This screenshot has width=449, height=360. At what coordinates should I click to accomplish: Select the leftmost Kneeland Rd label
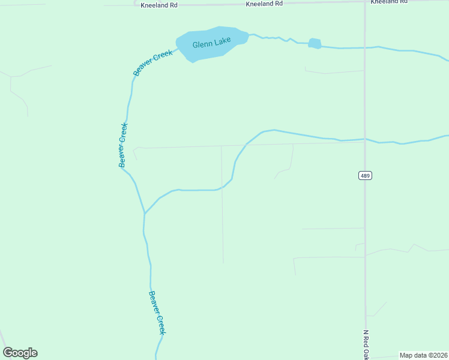[159, 5]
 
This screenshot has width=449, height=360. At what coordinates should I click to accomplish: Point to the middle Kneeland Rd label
[264, 4]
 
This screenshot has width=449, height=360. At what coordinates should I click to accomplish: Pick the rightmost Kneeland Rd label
[388, 2]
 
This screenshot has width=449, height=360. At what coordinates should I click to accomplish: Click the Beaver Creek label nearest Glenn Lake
[153, 62]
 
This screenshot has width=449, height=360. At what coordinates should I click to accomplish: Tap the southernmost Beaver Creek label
[157, 313]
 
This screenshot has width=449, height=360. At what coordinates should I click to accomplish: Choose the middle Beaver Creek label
[122, 145]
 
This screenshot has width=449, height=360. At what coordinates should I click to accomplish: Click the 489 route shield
[365, 175]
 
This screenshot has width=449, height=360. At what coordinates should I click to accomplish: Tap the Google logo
[20, 353]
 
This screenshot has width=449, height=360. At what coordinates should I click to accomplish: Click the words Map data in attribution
[414, 355]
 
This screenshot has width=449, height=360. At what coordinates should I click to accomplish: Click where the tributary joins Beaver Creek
[144, 213]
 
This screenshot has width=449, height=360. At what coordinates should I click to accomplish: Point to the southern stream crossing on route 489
[365, 140]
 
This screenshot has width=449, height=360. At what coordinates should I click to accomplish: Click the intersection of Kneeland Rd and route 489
[365, 2]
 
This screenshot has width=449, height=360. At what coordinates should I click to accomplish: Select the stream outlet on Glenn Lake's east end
[248, 35]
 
